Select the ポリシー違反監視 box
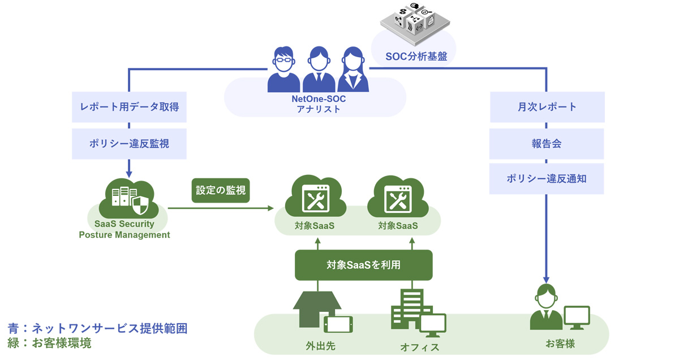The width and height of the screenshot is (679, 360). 128,144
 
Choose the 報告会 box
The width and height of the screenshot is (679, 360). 547,144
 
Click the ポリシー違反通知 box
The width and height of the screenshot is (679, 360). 547,179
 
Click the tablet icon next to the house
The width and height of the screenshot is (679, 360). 338,324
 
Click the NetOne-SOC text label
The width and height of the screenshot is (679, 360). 319,99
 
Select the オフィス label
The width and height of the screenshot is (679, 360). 419,347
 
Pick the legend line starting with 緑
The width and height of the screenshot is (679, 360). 50,343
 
